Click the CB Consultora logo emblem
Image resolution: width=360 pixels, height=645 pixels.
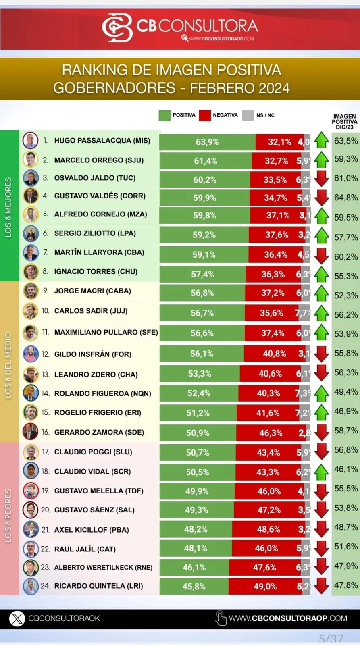[x=117, y=27]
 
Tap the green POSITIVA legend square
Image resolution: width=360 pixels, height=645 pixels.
[x=164, y=115]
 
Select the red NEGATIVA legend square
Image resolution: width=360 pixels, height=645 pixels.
[x=205, y=115]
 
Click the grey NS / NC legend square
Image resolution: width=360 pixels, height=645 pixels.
[x=248, y=115]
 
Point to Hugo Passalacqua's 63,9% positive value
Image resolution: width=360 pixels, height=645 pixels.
[x=207, y=142]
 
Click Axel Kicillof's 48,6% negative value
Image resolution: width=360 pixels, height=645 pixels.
[x=268, y=529]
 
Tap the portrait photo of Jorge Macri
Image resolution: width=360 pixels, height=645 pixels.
[x=31, y=291]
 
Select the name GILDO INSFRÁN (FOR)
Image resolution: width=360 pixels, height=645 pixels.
[x=93, y=354]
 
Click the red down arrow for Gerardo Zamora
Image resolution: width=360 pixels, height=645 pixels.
[x=322, y=432]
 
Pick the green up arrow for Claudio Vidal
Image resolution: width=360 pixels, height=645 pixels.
[x=322, y=471]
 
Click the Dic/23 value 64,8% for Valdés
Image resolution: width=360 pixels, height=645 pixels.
[x=346, y=198]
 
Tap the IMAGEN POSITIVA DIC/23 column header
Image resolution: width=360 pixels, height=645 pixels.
[x=344, y=121]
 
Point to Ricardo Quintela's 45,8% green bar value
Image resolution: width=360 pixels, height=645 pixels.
[x=194, y=586]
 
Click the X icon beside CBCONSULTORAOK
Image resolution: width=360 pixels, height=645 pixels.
[x=17, y=618]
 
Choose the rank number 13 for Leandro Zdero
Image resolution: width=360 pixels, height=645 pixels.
[x=45, y=374]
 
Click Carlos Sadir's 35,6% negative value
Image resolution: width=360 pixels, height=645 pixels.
[x=271, y=313]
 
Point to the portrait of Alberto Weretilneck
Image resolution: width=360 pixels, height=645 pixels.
[x=31, y=567]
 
